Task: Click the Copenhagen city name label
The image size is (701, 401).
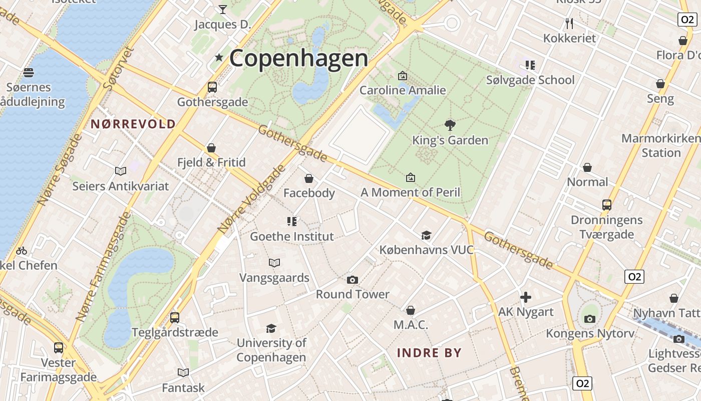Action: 298,58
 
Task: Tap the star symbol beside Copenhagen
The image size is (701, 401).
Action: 219,58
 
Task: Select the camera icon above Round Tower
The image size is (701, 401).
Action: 353,280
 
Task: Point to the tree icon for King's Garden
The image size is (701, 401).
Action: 450,125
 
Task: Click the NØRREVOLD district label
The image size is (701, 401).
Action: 133,124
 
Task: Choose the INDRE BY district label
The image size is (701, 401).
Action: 429,352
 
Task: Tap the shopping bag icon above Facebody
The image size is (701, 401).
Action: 309,178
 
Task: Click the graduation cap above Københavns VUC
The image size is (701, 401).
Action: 426,235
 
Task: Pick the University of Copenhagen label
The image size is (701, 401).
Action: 271,350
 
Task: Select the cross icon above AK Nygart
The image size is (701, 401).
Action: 526,297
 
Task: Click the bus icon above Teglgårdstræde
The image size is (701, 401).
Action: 175,317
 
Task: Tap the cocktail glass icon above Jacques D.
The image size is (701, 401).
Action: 223,9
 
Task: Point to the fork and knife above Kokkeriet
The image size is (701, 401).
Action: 569,23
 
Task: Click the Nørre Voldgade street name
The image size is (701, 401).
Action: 251,200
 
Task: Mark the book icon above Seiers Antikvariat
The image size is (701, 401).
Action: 121,171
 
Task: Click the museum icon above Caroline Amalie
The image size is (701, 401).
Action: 402,76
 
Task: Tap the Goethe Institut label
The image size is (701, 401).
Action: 291,236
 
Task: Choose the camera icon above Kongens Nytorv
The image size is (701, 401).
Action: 590,319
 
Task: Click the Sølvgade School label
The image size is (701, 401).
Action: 530,80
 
